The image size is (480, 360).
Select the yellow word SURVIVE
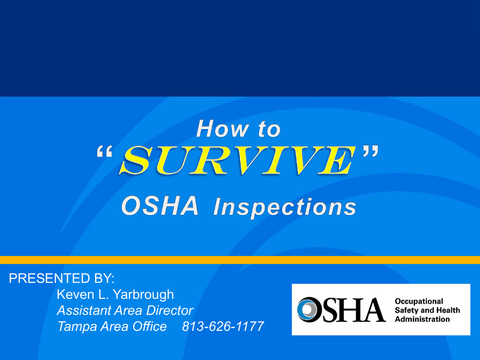pyautogui.click(x=238, y=160)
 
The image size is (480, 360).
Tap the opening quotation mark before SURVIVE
pyautogui.click(x=105, y=151)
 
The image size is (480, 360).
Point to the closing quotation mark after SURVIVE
pyautogui.click(x=371, y=151)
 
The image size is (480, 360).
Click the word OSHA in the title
pyautogui.click(x=160, y=206)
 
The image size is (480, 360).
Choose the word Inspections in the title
pyautogui.click(x=285, y=207)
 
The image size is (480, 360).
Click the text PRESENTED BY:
pyautogui.click(x=61, y=278)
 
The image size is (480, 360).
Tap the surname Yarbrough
pyautogui.click(x=143, y=295)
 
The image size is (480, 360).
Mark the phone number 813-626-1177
pyautogui.click(x=223, y=326)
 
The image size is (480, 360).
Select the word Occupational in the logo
pyautogui.click(x=419, y=301)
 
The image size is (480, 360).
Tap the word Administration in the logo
pyautogui.click(x=422, y=319)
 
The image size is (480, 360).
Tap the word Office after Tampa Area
pyautogui.click(x=150, y=326)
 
